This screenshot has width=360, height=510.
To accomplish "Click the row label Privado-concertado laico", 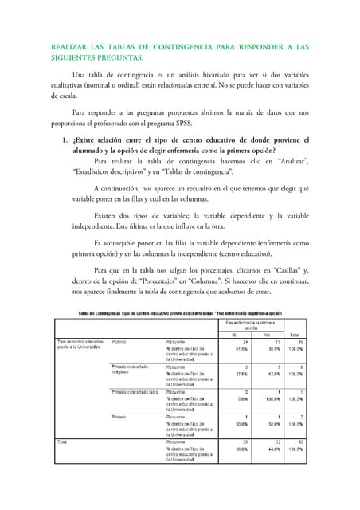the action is tap(135, 391).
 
